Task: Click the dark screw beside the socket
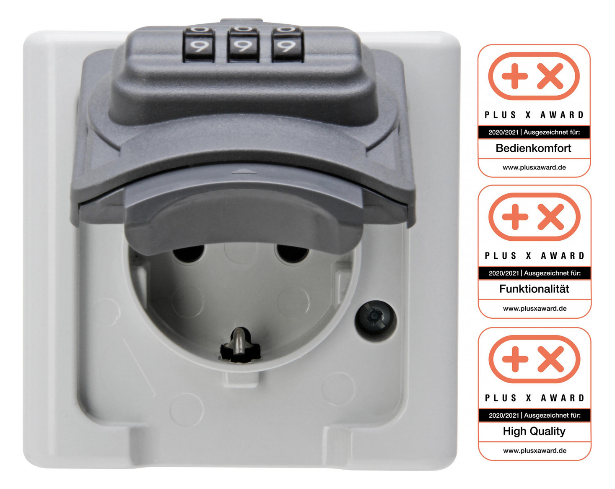pyautogui.click(x=376, y=317)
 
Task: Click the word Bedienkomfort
pyautogui.click(x=533, y=148)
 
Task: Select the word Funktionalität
pyautogui.click(x=534, y=289)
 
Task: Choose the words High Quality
pyautogui.click(x=534, y=431)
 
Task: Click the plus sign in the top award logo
pyautogui.click(x=515, y=76)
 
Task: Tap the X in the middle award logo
pyautogui.click(x=551, y=217)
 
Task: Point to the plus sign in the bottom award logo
pyautogui.click(x=515, y=359)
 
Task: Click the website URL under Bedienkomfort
pyautogui.click(x=534, y=168)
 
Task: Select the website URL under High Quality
pyautogui.click(x=535, y=451)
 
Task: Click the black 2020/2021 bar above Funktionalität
pyautogui.click(x=535, y=273)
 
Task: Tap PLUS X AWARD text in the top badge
pyautogui.click(x=534, y=115)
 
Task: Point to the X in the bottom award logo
pyautogui.click(x=551, y=359)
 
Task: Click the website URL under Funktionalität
pyautogui.click(x=535, y=309)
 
